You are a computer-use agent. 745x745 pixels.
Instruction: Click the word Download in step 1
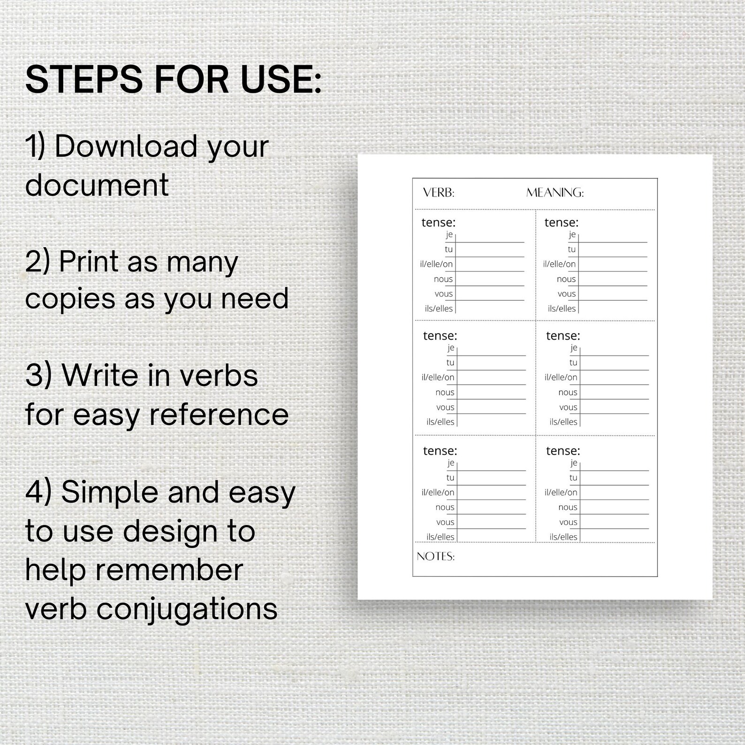pyautogui.click(x=126, y=146)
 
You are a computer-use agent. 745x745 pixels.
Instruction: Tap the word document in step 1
pyautogui.click(x=97, y=185)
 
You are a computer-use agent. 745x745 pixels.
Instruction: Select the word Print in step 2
pyautogui.click(x=89, y=262)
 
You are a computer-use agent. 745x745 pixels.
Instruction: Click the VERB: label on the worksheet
pyautogui.click(x=439, y=193)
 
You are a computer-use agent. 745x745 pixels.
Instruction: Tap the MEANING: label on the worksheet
pyautogui.click(x=555, y=193)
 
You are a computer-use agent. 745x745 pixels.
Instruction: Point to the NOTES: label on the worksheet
pyautogui.click(x=435, y=556)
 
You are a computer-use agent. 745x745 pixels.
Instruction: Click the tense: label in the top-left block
pyautogui.click(x=439, y=222)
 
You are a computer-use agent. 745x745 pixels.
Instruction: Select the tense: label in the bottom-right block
pyautogui.click(x=563, y=451)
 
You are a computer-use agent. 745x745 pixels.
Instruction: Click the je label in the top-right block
pyautogui.click(x=572, y=234)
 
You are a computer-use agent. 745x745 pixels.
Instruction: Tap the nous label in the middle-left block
pyautogui.click(x=445, y=392)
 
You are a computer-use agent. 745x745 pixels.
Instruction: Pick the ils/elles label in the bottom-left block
pyautogui.click(x=441, y=537)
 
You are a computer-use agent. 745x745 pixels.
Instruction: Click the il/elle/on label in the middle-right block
pyautogui.click(x=561, y=377)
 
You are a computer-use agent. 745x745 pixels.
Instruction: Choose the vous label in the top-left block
pyautogui.click(x=444, y=294)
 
